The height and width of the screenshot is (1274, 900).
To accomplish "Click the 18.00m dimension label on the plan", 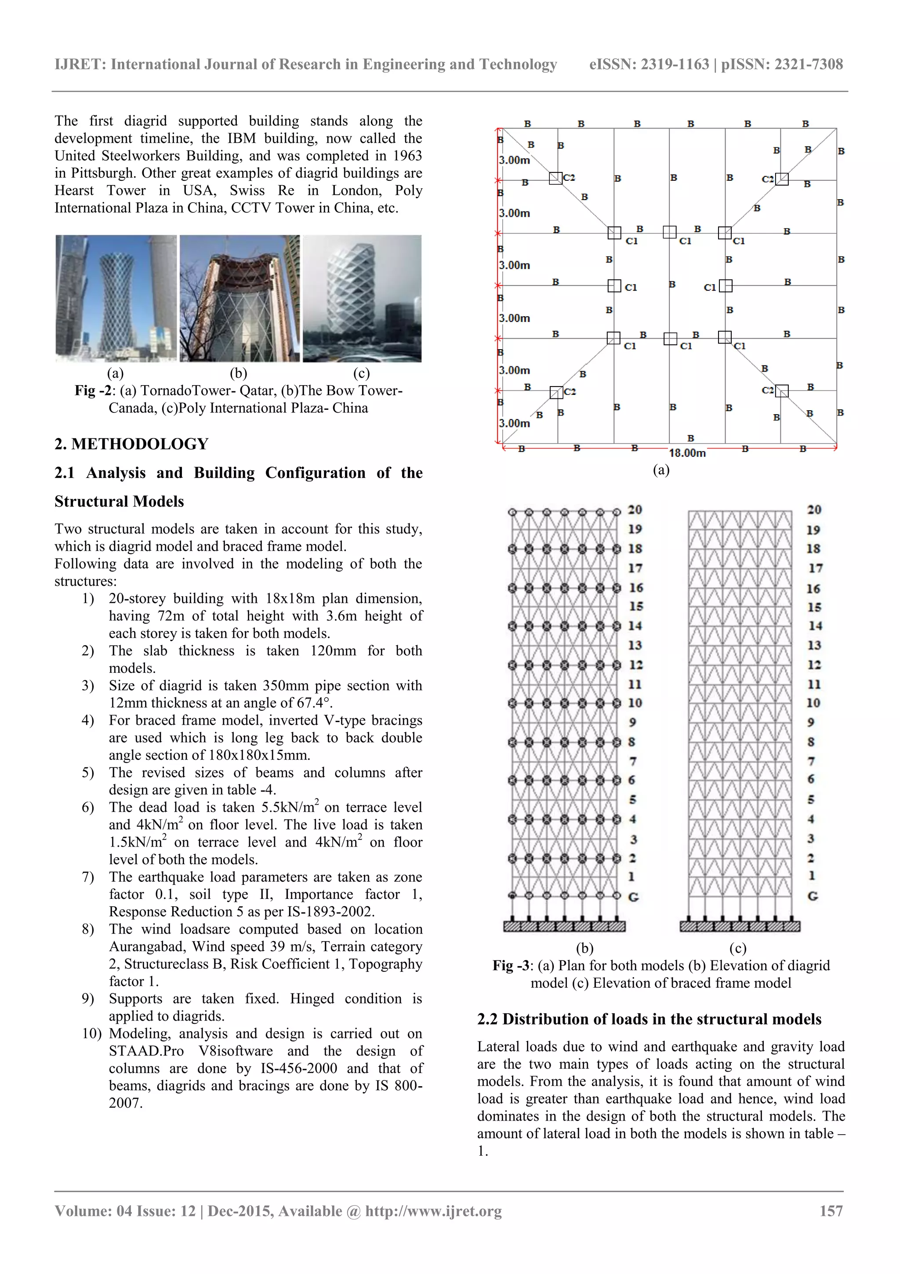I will tap(686, 453).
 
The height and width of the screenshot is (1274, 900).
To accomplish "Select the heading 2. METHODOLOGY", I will tap(131, 444).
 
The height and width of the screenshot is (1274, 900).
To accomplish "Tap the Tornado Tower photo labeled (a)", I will tap(116, 299).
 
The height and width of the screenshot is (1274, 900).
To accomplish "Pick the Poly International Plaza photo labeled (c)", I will tap(362, 299).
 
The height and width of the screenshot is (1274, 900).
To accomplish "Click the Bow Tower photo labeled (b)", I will tap(239, 299).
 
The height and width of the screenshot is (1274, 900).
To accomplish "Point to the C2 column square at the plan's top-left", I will tap(555, 178).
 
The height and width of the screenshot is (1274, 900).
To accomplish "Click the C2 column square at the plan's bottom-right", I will tap(781, 391).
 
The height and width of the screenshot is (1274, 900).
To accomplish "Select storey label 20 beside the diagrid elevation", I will tap(635, 509).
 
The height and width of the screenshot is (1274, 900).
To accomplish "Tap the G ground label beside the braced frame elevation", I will tap(813, 895).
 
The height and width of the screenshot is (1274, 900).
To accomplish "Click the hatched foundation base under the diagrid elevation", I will tap(564, 926).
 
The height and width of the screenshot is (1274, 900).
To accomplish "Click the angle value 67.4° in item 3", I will tap(314, 703).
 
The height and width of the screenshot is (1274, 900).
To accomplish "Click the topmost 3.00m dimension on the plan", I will tap(515, 161).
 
